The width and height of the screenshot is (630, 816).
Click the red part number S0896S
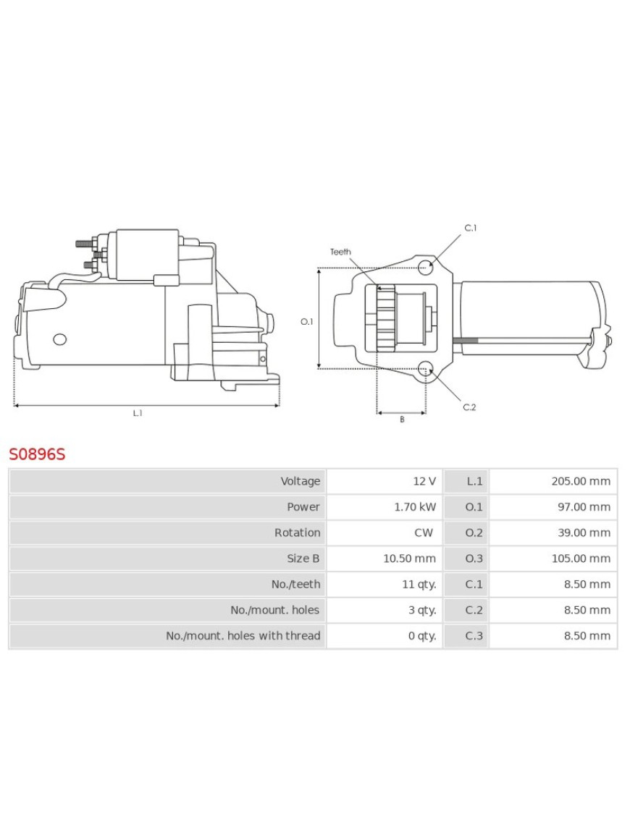click(x=37, y=454)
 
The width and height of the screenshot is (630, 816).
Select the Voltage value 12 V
click(x=424, y=481)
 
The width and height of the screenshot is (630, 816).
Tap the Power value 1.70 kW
click(x=415, y=507)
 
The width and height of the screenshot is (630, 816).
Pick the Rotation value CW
click(x=424, y=532)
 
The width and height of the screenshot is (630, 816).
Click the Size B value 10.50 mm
click(x=409, y=558)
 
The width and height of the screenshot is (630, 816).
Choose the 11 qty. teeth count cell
click(x=419, y=585)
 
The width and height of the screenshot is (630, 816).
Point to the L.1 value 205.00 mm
click(x=581, y=481)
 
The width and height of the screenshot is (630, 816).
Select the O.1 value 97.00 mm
click(x=584, y=507)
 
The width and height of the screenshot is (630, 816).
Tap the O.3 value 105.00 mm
click(x=581, y=558)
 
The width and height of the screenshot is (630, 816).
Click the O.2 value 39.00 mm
click(x=584, y=532)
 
